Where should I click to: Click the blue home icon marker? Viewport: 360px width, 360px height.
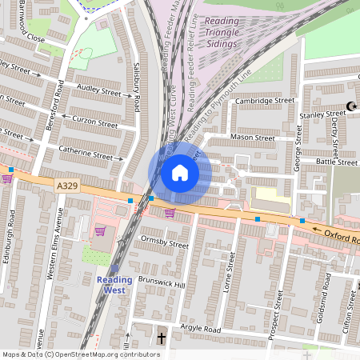point(180,172)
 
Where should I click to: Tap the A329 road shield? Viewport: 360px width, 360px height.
point(67,186)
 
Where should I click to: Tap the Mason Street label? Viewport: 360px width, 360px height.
point(252,138)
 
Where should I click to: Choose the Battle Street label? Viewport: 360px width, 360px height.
point(336,162)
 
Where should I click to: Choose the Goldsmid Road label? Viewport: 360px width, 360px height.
point(327,293)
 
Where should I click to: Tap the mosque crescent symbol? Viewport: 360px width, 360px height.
point(350,106)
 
